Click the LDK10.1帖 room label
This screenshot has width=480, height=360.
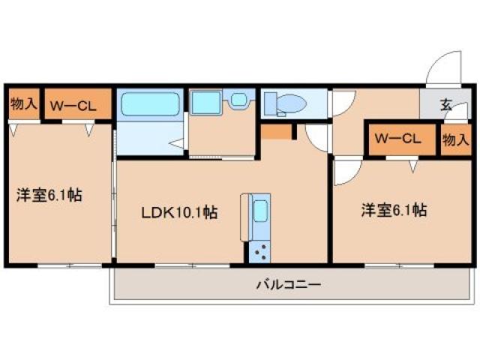pyautogui.click(x=180, y=212)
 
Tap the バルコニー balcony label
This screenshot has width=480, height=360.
pyautogui.click(x=288, y=284)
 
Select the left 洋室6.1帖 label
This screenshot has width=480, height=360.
pyautogui.click(x=49, y=196)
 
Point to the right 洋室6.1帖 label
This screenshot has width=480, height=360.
pyautogui.click(x=394, y=211)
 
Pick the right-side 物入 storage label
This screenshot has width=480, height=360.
pyautogui.click(x=455, y=140)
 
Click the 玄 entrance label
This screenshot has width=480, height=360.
pyautogui.click(x=446, y=105)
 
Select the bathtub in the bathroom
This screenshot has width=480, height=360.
pyautogui.click(x=151, y=104)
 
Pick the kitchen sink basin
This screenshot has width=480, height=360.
pyautogui.click(x=259, y=212)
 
